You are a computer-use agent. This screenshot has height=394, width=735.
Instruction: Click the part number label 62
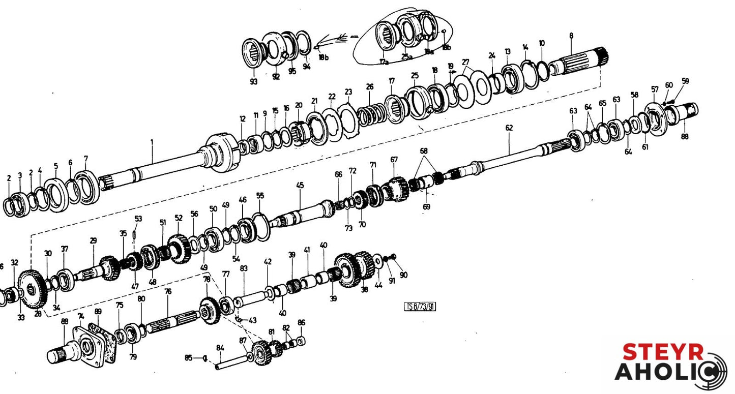509,129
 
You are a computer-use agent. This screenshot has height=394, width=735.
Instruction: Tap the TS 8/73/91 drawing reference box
420,306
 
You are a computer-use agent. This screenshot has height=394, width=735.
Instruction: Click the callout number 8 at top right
571,36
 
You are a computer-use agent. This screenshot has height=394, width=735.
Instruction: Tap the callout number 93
253,81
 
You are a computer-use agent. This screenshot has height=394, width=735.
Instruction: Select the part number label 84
220,348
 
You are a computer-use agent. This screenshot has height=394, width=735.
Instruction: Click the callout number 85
189,358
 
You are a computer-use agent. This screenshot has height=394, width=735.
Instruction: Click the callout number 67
394,160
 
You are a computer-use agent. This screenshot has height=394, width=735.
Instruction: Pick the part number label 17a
384,62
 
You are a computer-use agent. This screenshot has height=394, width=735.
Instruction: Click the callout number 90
403,275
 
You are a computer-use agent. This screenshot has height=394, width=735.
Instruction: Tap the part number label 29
93,240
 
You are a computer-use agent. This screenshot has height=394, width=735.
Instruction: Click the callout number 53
138,218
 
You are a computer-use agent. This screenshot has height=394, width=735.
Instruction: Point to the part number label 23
348,92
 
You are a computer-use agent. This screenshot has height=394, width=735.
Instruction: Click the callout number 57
655,89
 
